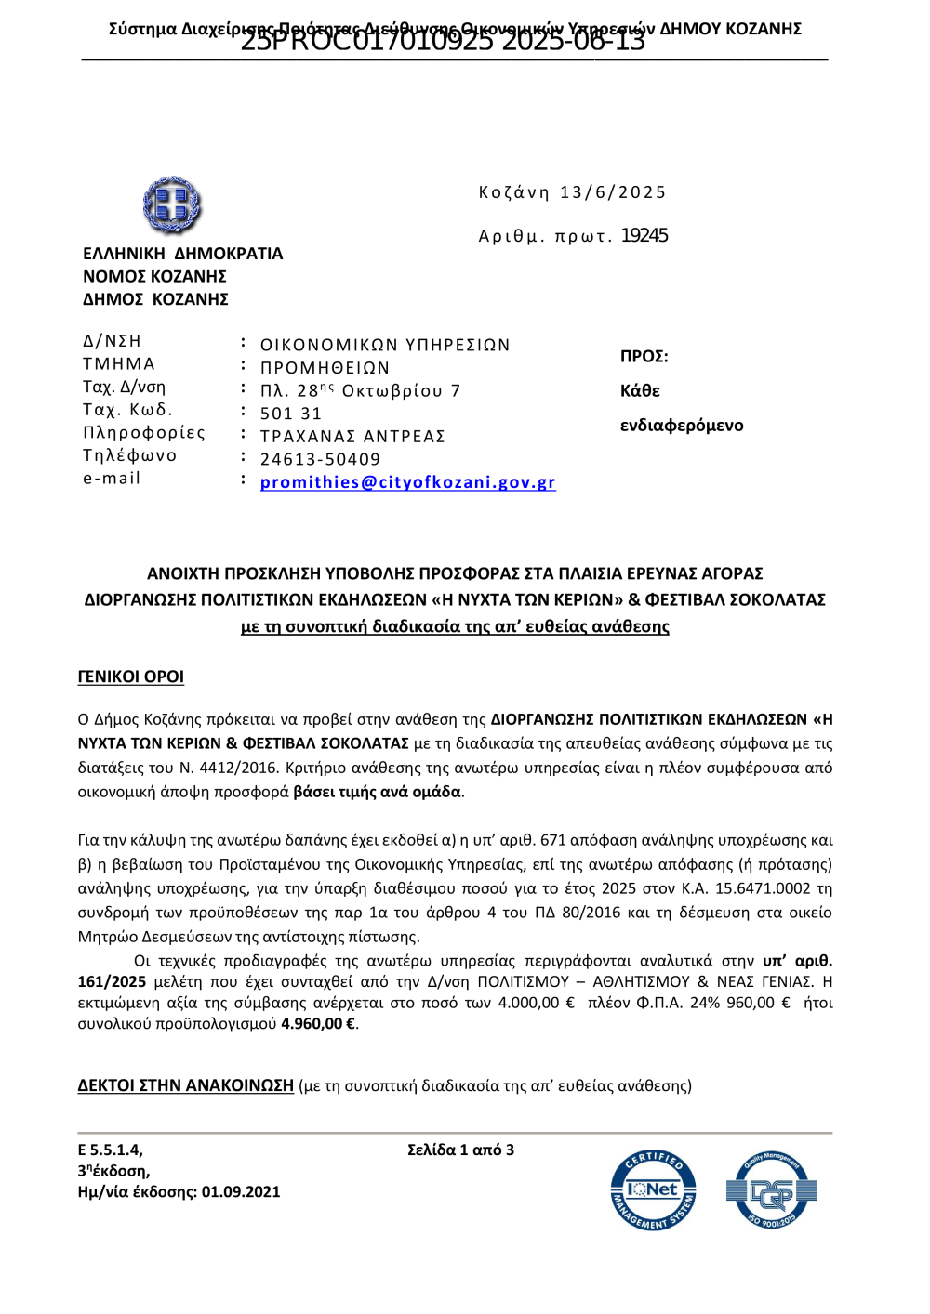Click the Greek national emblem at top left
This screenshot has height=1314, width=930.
[x=172, y=204]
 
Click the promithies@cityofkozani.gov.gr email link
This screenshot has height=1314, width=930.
[x=407, y=482]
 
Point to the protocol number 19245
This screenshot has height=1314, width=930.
[x=644, y=235]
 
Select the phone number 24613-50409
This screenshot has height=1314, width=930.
[x=320, y=459]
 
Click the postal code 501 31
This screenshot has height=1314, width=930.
[x=291, y=414]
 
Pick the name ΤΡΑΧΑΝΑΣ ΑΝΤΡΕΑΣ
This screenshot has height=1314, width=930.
[x=352, y=437]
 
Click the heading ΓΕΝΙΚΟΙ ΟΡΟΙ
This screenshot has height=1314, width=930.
[x=131, y=677]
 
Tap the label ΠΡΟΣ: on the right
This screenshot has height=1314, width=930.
[x=644, y=357]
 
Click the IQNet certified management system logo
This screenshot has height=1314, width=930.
[x=653, y=1190]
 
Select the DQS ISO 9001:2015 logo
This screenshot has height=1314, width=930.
[x=771, y=1190]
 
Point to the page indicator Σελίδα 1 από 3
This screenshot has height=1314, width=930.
[x=460, y=1150]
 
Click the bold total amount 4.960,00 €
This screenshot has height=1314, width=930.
[x=318, y=1024]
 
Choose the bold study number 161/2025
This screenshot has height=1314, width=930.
[x=112, y=981]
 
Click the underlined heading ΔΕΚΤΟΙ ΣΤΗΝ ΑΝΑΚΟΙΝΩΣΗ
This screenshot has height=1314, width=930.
[x=185, y=1085]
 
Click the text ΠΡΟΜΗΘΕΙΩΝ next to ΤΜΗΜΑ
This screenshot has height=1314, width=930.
[x=325, y=368]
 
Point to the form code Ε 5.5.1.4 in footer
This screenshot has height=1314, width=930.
[x=110, y=1150]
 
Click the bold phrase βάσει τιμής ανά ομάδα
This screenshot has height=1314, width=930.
[x=377, y=792]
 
